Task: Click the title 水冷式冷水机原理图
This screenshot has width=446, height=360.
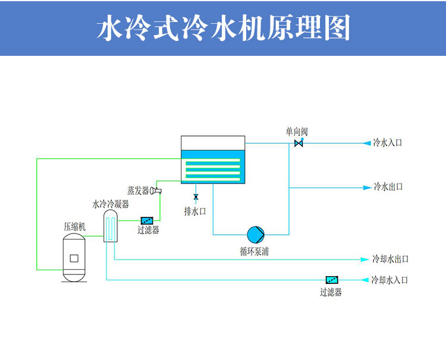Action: click(223, 28)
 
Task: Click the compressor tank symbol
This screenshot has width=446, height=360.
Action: click(74, 257)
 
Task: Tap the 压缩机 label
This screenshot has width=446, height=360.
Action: click(75, 226)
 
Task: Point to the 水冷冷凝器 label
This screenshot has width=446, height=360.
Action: click(111, 204)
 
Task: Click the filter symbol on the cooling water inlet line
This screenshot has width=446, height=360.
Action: click(331, 279)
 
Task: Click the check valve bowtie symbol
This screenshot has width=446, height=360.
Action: click(299, 144)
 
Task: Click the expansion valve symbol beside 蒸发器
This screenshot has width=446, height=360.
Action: click(157, 190)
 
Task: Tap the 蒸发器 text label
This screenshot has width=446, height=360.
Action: click(138, 190)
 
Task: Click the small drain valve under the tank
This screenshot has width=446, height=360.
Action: click(196, 197)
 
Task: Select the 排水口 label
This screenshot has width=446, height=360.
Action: click(195, 211)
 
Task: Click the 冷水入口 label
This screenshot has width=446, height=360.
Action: click(388, 143)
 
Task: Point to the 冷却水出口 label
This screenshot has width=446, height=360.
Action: click(390, 260)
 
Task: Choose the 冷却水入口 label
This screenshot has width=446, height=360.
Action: click(390, 279)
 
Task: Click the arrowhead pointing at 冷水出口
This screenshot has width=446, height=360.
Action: click(367, 188)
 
